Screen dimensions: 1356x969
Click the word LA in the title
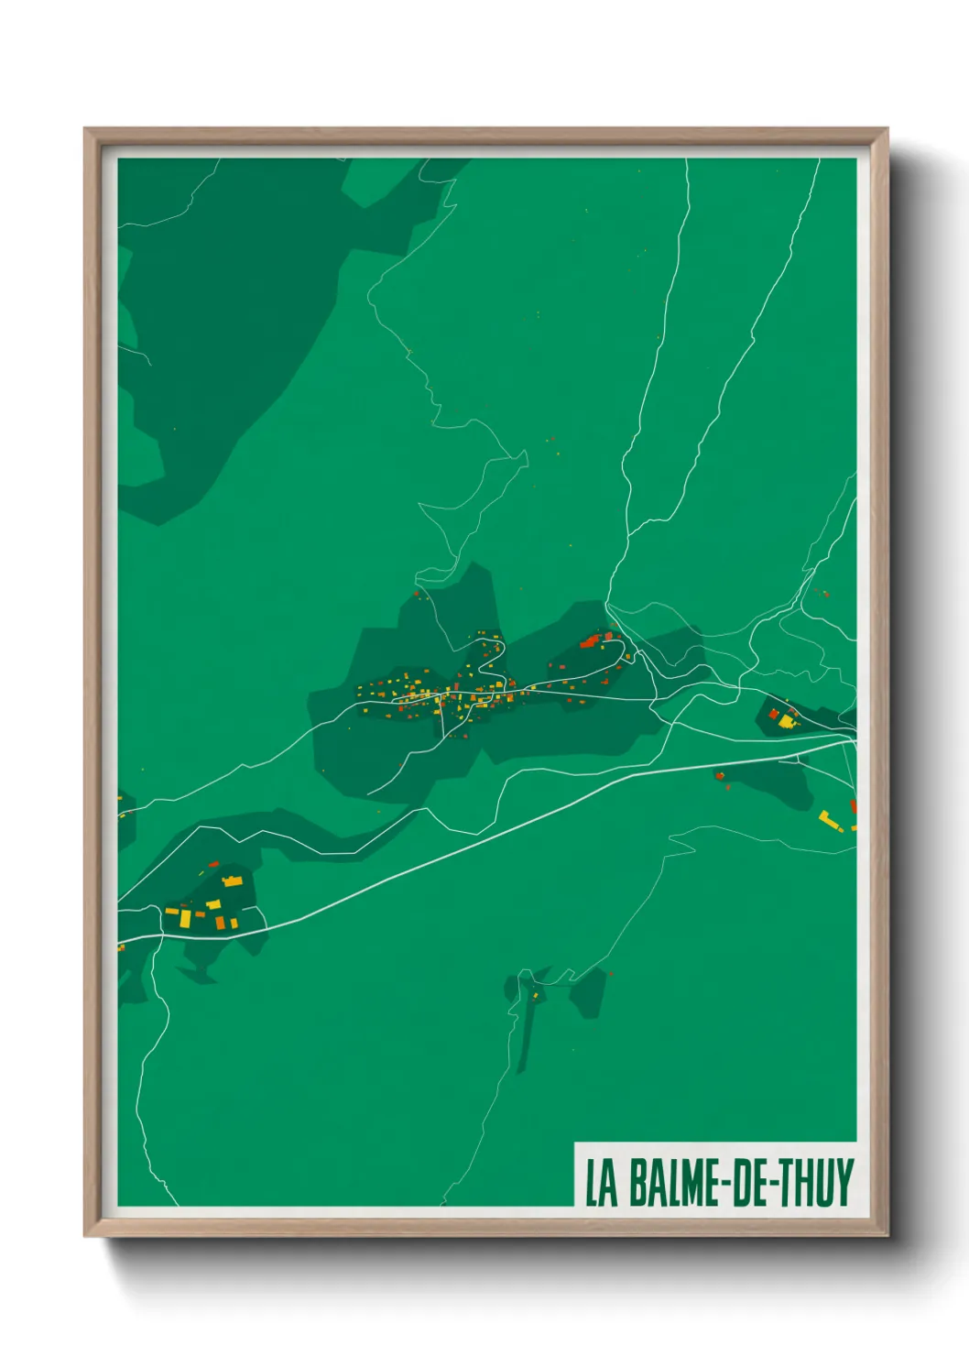point(601,1183)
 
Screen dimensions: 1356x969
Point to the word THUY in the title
point(817,1183)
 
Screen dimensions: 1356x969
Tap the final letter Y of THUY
point(844,1183)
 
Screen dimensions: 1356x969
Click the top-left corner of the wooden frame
point(85,129)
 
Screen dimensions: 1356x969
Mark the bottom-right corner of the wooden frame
point(887,1235)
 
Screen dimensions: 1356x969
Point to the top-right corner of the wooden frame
point(887,129)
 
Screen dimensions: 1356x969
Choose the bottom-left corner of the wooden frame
point(85,1235)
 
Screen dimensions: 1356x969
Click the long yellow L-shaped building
point(830,820)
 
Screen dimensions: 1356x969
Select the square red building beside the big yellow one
point(773,714)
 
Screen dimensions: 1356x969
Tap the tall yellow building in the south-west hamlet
point(185,917)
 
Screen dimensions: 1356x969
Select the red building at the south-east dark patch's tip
point(720,777)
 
